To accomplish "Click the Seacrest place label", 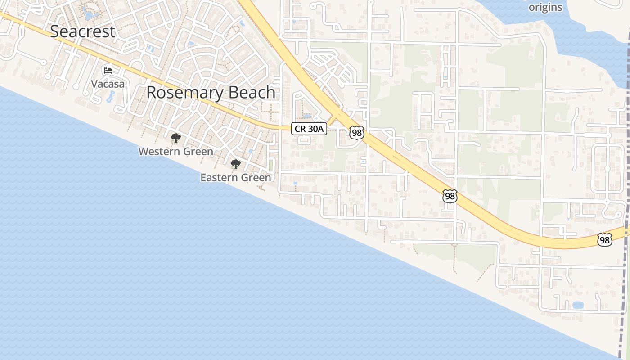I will [83, 31].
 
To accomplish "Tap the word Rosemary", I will [184, 92].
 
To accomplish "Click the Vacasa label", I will [108, 84].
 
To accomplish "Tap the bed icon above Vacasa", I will [108, 70].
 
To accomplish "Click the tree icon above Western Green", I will [175, 138].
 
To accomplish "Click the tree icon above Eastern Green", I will [235, 164].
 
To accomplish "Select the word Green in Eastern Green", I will [258, 177].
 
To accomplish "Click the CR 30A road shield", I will [309, 129].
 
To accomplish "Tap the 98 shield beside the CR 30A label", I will [356, 132].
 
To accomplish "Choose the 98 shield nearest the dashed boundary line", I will [604, 240].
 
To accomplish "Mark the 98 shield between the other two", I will [450, 196].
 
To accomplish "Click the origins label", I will [545, 7].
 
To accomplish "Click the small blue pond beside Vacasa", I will [112, 96].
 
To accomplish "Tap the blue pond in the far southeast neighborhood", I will [578, 305].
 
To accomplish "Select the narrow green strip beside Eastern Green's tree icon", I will [271, 164].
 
